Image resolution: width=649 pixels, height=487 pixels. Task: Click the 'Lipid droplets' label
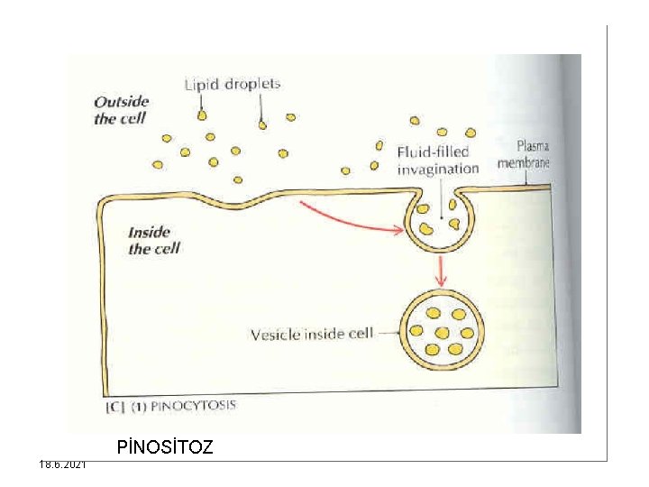click(233, 85)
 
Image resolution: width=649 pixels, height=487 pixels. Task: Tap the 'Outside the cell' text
click(122, 111)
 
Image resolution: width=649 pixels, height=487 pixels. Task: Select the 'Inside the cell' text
click(154, 241)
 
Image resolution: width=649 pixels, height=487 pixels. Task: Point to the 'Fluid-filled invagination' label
click(438, 160)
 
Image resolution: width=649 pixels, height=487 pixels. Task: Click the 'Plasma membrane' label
click(525, 154)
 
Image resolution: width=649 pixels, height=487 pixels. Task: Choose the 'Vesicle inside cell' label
click(311, 335)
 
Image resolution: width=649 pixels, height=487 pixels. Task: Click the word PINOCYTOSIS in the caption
click(194, 406)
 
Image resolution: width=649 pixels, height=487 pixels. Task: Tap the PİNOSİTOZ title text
click(165, 446)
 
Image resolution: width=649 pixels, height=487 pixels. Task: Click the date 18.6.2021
click(63, 464)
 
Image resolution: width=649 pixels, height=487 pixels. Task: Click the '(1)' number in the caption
click(139, 406)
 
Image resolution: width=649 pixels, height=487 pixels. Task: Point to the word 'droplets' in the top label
click(252, 85)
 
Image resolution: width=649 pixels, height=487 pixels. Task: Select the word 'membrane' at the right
click(525, 163)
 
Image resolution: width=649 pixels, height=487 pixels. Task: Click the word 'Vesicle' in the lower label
click(277, 335)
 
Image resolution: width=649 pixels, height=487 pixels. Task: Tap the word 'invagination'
click(438, 169)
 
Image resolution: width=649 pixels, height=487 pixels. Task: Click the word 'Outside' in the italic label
click(122, 103)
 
